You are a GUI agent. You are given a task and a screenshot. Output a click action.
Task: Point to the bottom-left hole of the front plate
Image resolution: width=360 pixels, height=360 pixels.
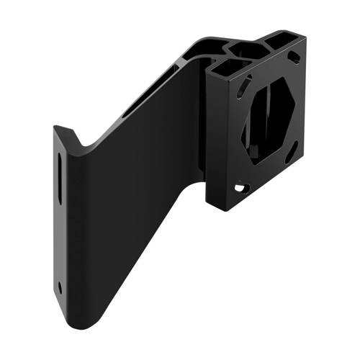239,188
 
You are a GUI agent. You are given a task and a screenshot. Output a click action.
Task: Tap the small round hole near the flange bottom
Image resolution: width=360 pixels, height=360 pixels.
60,287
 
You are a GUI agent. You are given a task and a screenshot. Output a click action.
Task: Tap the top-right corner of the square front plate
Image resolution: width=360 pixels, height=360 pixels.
305,40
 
